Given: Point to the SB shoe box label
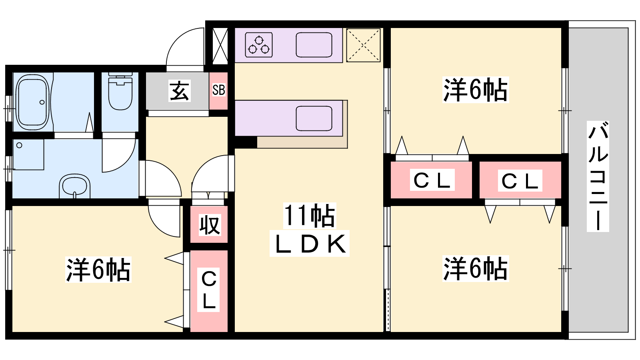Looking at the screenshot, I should [x=218, y=90].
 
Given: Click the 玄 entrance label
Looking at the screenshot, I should [x=179, y=91].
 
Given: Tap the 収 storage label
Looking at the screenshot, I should [x=209, y=225].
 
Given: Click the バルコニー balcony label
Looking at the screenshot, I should [x=598, y=176].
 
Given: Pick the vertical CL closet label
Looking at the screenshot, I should [x=209, y=290].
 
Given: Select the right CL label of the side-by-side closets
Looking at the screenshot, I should [x=520, y=181].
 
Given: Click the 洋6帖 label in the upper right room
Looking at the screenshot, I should [x=475, y=90].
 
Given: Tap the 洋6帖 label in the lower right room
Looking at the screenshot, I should [x=475, y=268].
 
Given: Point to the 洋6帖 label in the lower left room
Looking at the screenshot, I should [x=98, y=270].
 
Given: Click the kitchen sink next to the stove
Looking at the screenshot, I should [x=314, y=45].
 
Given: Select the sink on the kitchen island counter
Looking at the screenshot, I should [x=314, y=118].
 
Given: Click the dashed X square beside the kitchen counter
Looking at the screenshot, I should [x=363, y=45].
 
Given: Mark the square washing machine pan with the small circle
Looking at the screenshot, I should [x=28, y=154].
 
